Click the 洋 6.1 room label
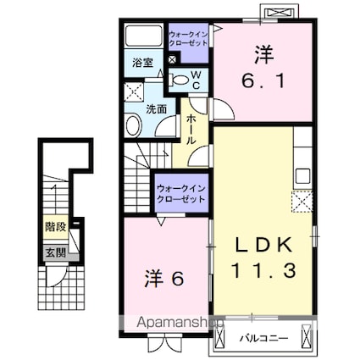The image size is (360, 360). [x=261, y=68]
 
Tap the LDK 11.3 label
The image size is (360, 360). [x=263, y=258]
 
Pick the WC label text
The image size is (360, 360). [x=195, y=80]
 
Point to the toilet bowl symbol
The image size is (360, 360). [x=178, y=81]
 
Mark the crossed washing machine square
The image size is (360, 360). [x=134, y=92]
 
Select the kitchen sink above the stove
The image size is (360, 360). [x=302, y=177]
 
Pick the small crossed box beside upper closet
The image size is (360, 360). [x=174, y=60]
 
